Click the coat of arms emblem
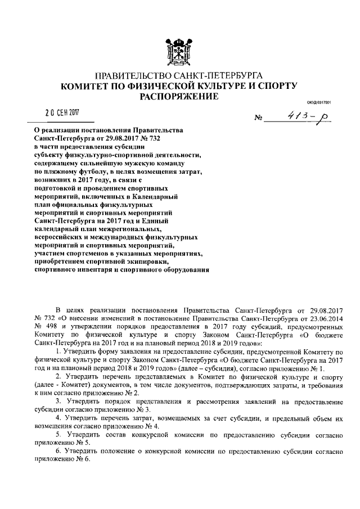[x=179, y=51]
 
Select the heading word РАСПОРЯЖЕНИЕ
[x=179, y=97]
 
